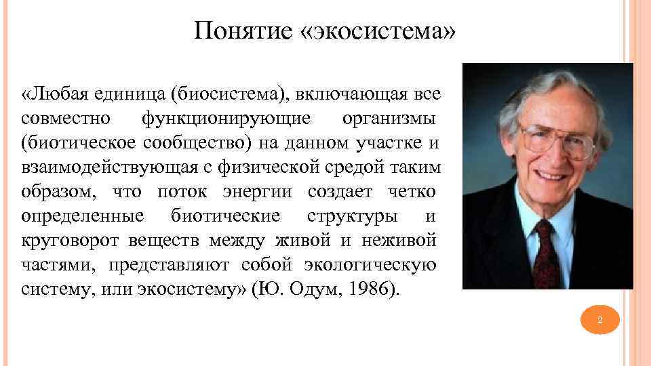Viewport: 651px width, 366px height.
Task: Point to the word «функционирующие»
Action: (x=226, y=119)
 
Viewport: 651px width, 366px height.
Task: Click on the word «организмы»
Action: (x=389, y=119)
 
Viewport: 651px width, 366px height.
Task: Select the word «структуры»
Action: (x=353, y=217)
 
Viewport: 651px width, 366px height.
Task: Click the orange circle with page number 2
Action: (x=600, y=319)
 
